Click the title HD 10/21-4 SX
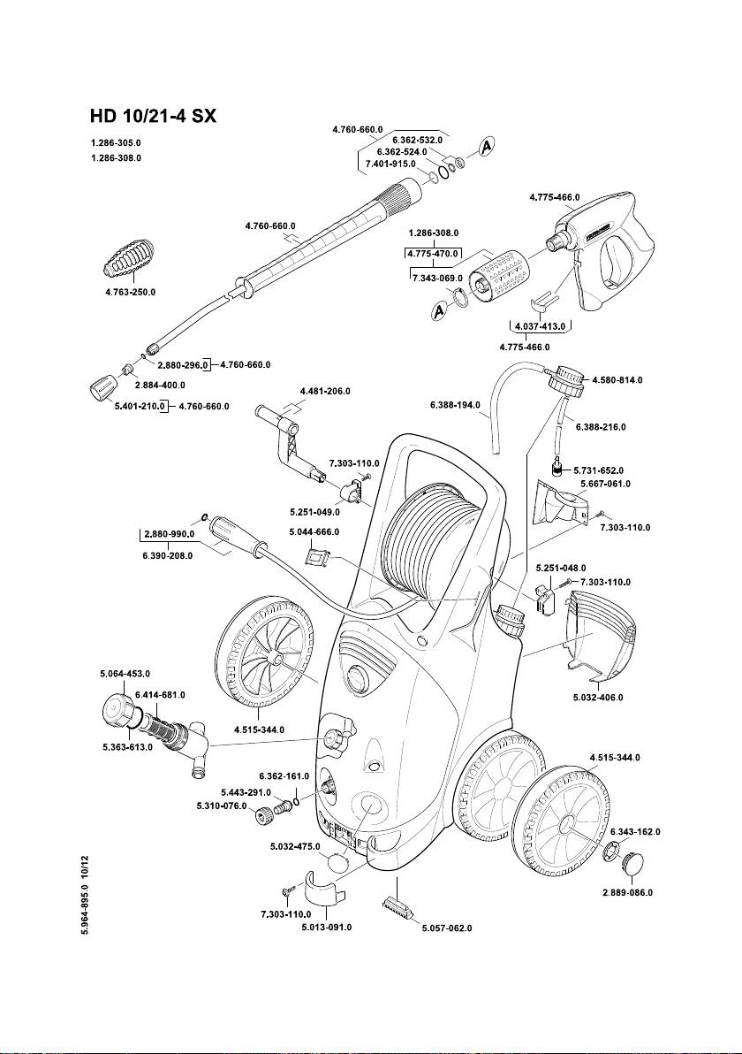153,116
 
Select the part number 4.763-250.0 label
130,293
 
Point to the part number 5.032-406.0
598,698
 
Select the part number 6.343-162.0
634,832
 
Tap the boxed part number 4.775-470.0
433,254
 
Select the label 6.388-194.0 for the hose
455,406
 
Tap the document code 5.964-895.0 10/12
83,895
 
